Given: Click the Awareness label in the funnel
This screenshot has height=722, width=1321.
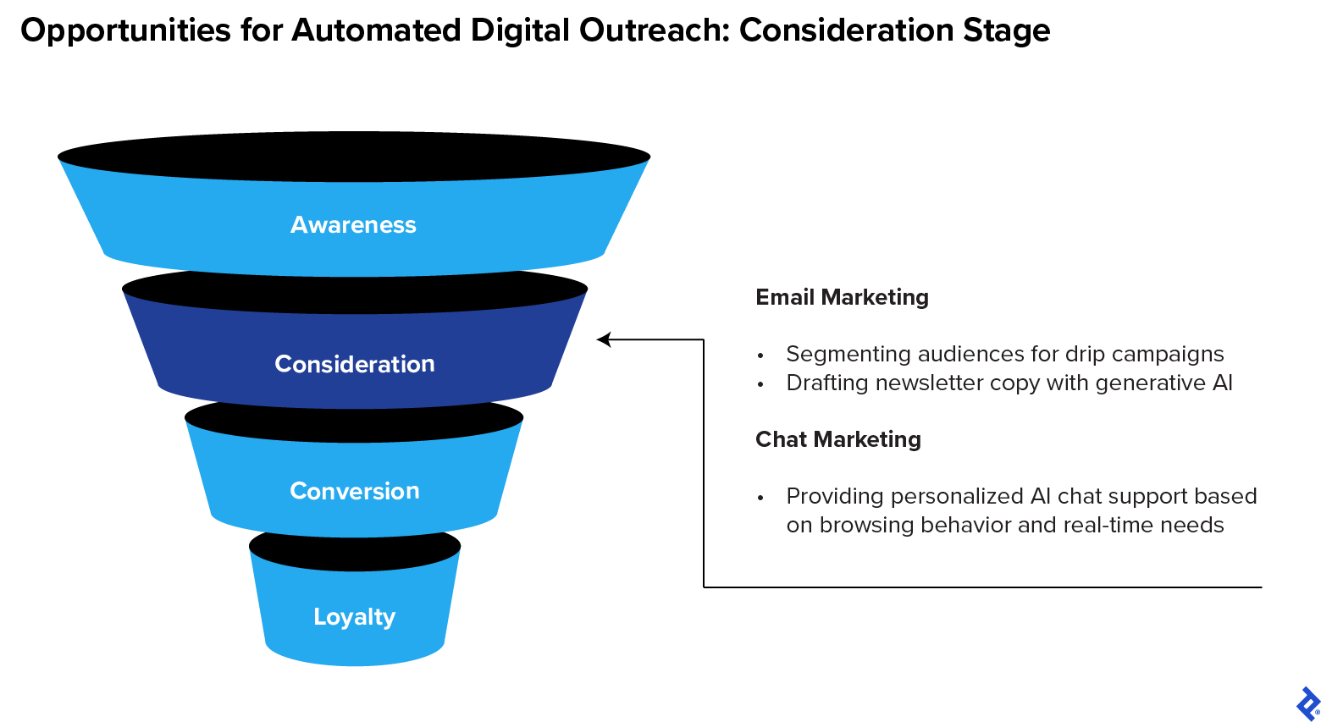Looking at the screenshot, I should (353, 225).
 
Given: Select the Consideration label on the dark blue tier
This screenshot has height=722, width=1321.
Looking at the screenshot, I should (355, 364).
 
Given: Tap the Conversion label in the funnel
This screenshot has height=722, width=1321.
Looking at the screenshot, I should (355, 491).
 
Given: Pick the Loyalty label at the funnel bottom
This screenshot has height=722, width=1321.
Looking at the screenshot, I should (355, 617).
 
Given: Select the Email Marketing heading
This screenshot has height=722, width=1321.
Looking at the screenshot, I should (842, 297).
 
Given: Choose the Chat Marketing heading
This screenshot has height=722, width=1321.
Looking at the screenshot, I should (837, 439).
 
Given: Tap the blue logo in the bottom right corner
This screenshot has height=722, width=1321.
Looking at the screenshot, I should (1307, 703).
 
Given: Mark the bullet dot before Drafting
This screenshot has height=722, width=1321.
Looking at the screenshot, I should (760, 384).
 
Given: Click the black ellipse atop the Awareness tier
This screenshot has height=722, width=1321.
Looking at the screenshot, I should (354, 157).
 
